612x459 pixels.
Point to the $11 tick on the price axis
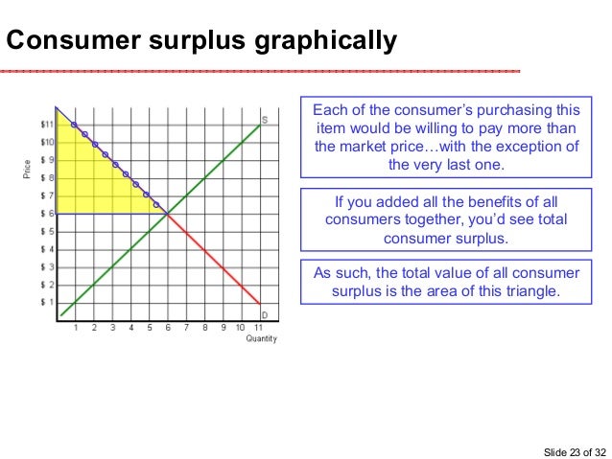tap(46, 125)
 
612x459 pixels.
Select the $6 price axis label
tap(46, 214)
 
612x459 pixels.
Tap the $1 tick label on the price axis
tap(46, 302)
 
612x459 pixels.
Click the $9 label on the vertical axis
tap(46, 160)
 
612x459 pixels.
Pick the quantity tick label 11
tap(258, 328)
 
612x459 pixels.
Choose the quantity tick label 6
tap(167, 328)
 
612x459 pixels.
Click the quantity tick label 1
tap(76, 328)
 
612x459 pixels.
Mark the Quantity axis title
tap(261, 338)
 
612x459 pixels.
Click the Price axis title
tap(26, 171)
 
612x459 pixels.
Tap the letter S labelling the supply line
tap(264, 120)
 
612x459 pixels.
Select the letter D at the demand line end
tap(264, 314)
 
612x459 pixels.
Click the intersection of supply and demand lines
tap(167, 213)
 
